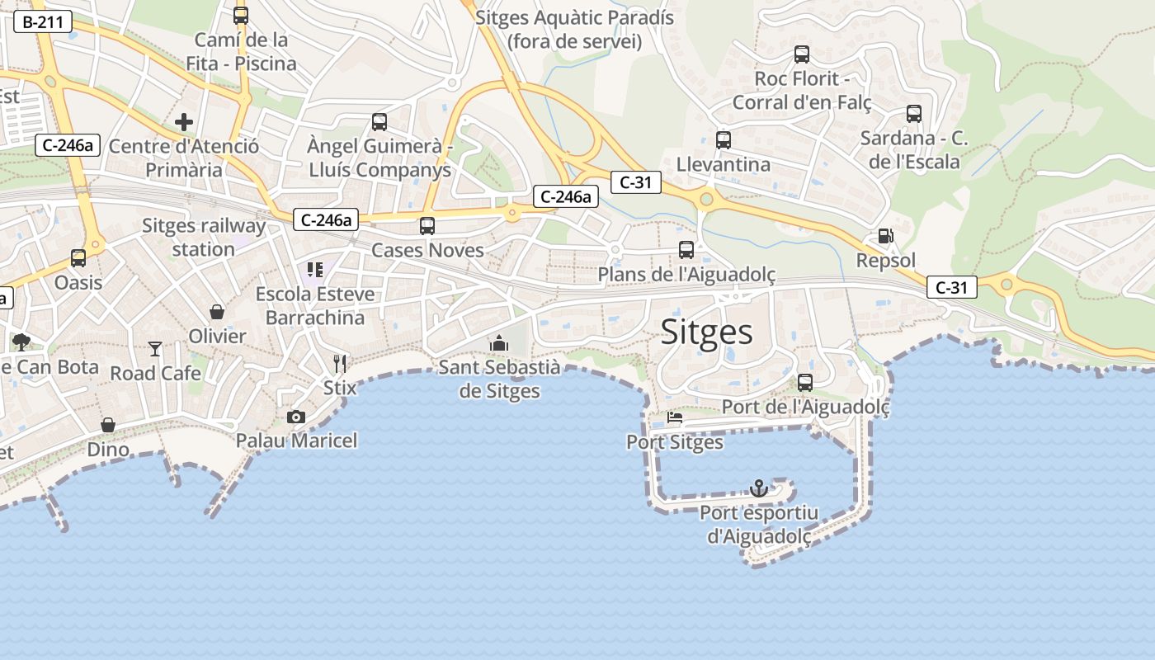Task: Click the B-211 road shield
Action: pos(43,22)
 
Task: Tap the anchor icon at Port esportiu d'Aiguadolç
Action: pos(758,488)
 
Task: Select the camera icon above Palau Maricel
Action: pos(296,417)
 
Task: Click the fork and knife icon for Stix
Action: pos(340,363)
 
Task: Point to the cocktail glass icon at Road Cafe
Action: pos(155,349)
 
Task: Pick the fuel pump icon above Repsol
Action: pos(885,236)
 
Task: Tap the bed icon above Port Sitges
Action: pos(675,417)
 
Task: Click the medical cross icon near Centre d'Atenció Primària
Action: pos(184,123)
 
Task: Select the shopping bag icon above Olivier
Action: pos(217,312)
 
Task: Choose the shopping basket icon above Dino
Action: pos(108,425)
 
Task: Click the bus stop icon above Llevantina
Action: pos(724,139)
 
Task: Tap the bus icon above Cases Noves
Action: pos(427,225)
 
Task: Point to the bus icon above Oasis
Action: pos(78,258)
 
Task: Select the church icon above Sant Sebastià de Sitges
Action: pos(498,342)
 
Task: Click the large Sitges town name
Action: pos(707,332)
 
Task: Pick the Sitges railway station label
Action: pos(204,237)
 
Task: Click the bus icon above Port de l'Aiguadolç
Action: pos(805,383)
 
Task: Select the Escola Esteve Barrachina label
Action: pos(315,305)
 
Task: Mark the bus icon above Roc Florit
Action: pos(802,54)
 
